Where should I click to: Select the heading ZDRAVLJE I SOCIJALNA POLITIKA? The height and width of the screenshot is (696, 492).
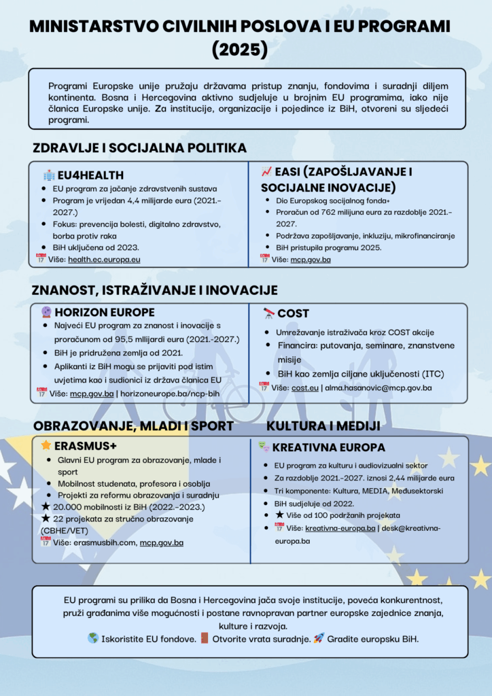(x=139, y=148)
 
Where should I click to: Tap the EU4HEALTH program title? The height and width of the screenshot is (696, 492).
(x=90, y=175)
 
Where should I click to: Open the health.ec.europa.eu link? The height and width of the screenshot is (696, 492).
(x=104, y=259)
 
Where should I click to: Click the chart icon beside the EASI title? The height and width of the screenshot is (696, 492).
(x=266, y=172)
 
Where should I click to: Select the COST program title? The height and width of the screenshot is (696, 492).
(x=293, y=313)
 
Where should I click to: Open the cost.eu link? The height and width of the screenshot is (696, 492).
(x=304, y=387)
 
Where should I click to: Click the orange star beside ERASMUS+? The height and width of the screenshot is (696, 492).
(x=46, y=446)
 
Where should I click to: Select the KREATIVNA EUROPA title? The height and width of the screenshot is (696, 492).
(x=329, y=448)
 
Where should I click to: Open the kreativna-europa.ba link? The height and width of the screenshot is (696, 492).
(x=340, y=528)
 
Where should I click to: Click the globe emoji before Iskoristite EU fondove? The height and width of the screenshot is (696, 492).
(x=93, y=638)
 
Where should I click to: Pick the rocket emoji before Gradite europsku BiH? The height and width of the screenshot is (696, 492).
(x=319, y=638)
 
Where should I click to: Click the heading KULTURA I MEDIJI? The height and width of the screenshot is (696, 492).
(x=323, y=426)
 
